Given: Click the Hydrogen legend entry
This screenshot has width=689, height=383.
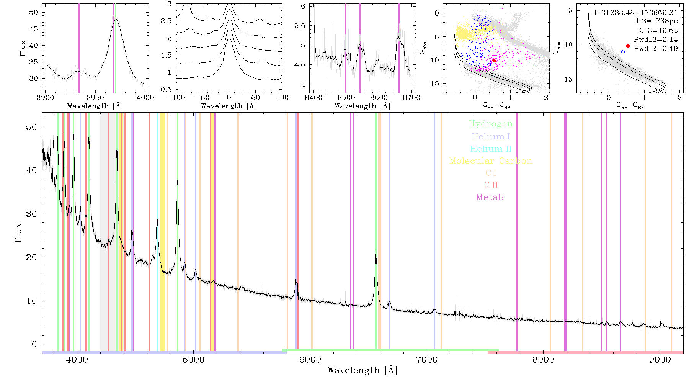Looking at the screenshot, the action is [x=491, y=124].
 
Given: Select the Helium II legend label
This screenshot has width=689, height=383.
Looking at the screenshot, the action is [x=491, y=149].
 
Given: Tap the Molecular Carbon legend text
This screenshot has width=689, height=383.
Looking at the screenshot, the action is [x=491, y=161].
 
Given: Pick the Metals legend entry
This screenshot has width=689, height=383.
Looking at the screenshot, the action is [x=491, y=197].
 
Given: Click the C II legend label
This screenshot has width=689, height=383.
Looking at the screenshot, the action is [x=491, y=185].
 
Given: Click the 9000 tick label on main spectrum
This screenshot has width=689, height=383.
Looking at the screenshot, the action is [x=660, y=360].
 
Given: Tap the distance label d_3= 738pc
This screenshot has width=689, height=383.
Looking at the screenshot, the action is [x=656, y=21].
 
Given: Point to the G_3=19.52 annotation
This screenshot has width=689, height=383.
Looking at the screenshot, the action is [x=658, y=31].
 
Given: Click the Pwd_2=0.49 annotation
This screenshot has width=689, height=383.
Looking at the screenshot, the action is [x=656, y=49].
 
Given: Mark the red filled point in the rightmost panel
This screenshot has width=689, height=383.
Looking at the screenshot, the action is [x=628, y=46].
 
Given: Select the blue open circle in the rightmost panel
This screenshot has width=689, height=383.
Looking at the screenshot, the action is [x=623, y=51].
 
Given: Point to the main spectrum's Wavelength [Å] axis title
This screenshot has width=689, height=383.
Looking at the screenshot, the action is [x=362, y=370].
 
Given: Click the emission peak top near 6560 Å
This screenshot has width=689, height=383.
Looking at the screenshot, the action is [x=376, y=250].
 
